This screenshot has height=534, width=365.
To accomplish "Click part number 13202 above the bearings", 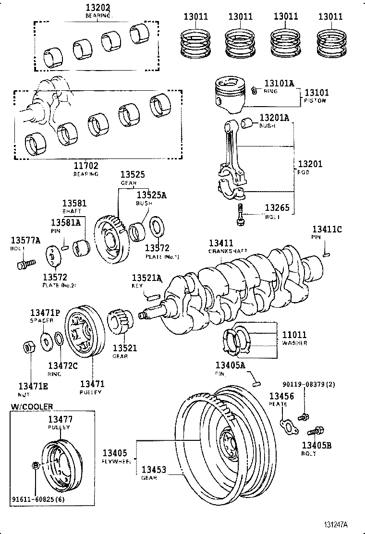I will [98, 8].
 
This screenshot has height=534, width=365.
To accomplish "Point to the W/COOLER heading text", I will [32, 406].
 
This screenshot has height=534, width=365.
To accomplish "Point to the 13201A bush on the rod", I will [247, 123].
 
